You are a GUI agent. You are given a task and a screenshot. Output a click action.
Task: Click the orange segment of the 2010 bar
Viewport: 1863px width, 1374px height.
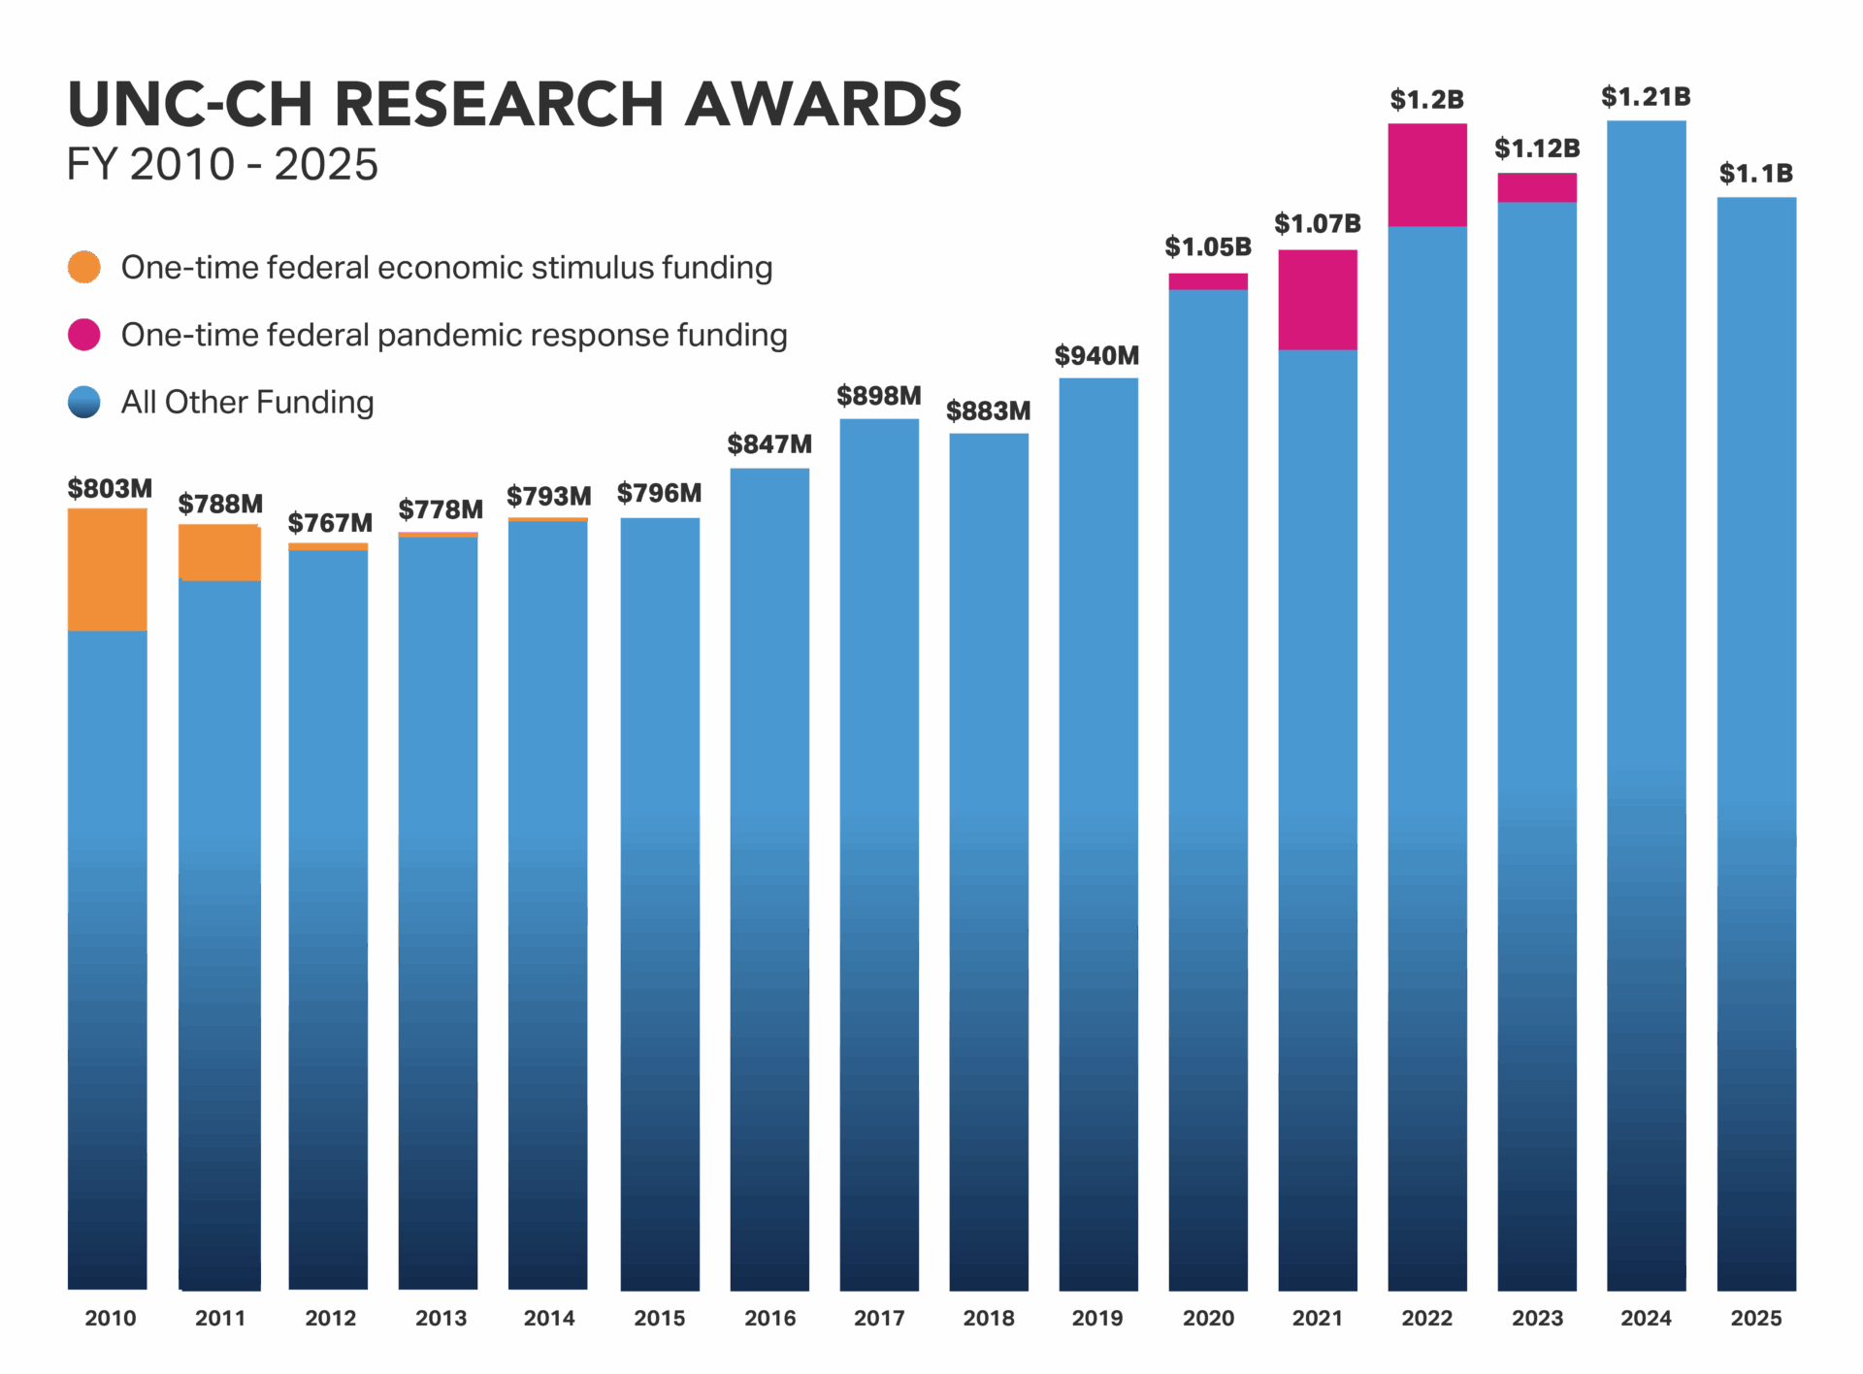107,570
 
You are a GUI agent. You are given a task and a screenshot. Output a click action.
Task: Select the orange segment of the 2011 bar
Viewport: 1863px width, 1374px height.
219,553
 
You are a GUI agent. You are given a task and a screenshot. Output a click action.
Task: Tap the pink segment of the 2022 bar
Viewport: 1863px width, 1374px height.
1426,175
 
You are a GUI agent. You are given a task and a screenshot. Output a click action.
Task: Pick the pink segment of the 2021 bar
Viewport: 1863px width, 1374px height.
1317,299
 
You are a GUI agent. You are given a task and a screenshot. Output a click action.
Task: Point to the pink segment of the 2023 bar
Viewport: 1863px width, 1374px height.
1536,187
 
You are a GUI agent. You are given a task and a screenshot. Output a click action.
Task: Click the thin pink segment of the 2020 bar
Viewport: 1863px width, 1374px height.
1207,281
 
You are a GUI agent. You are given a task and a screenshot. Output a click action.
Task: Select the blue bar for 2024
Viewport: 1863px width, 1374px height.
1647,679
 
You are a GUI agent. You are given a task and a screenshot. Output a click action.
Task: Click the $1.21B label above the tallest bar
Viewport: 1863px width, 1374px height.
1647,98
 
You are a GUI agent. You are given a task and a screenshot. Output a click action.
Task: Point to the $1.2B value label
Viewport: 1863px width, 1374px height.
1426,100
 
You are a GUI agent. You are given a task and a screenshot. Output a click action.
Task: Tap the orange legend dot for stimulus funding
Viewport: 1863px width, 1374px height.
84,267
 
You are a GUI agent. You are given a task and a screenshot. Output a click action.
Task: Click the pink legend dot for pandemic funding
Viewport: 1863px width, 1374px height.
84,334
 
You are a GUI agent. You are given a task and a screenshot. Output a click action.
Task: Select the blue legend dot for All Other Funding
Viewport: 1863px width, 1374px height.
84,402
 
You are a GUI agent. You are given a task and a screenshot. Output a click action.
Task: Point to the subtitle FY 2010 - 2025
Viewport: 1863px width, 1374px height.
222,164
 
